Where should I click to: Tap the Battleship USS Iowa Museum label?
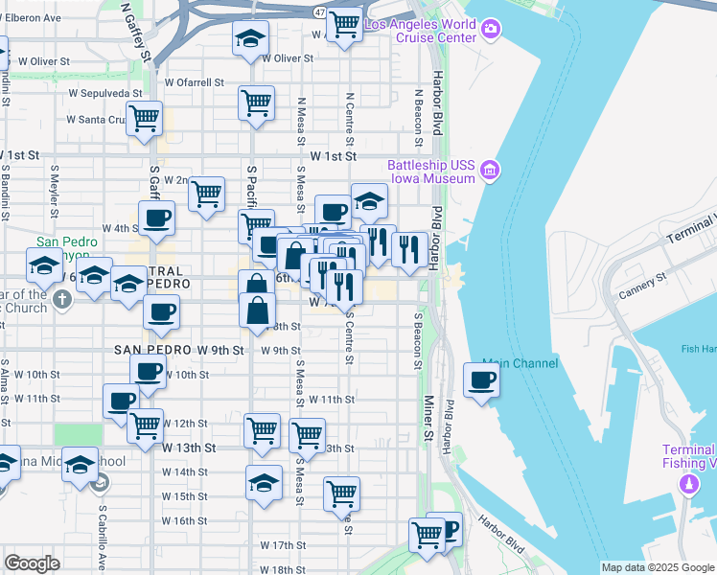pyautogui.click(x=431, y=172)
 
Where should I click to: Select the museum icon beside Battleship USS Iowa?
pyautogui.click(x=491, y=172)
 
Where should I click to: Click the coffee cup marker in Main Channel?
pyautogui.click(x=480, y=380)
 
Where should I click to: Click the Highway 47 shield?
pyautogui.click(x=319, y=12)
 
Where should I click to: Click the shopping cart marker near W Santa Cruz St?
pyautogui.click(x=143, y=119)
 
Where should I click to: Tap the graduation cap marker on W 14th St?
pyautogui.click(x=264, y=483)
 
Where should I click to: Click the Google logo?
pyautogui.click(x=32, y=563)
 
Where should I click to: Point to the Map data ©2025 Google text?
pyautogui.click(x=657, y=567)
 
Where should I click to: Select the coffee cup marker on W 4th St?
pyautogui.click(x=156, y=218)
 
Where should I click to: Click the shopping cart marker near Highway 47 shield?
pyautogui.click(x=343, y=24)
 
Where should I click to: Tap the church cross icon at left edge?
pyautogui.click(x=62, y=299)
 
